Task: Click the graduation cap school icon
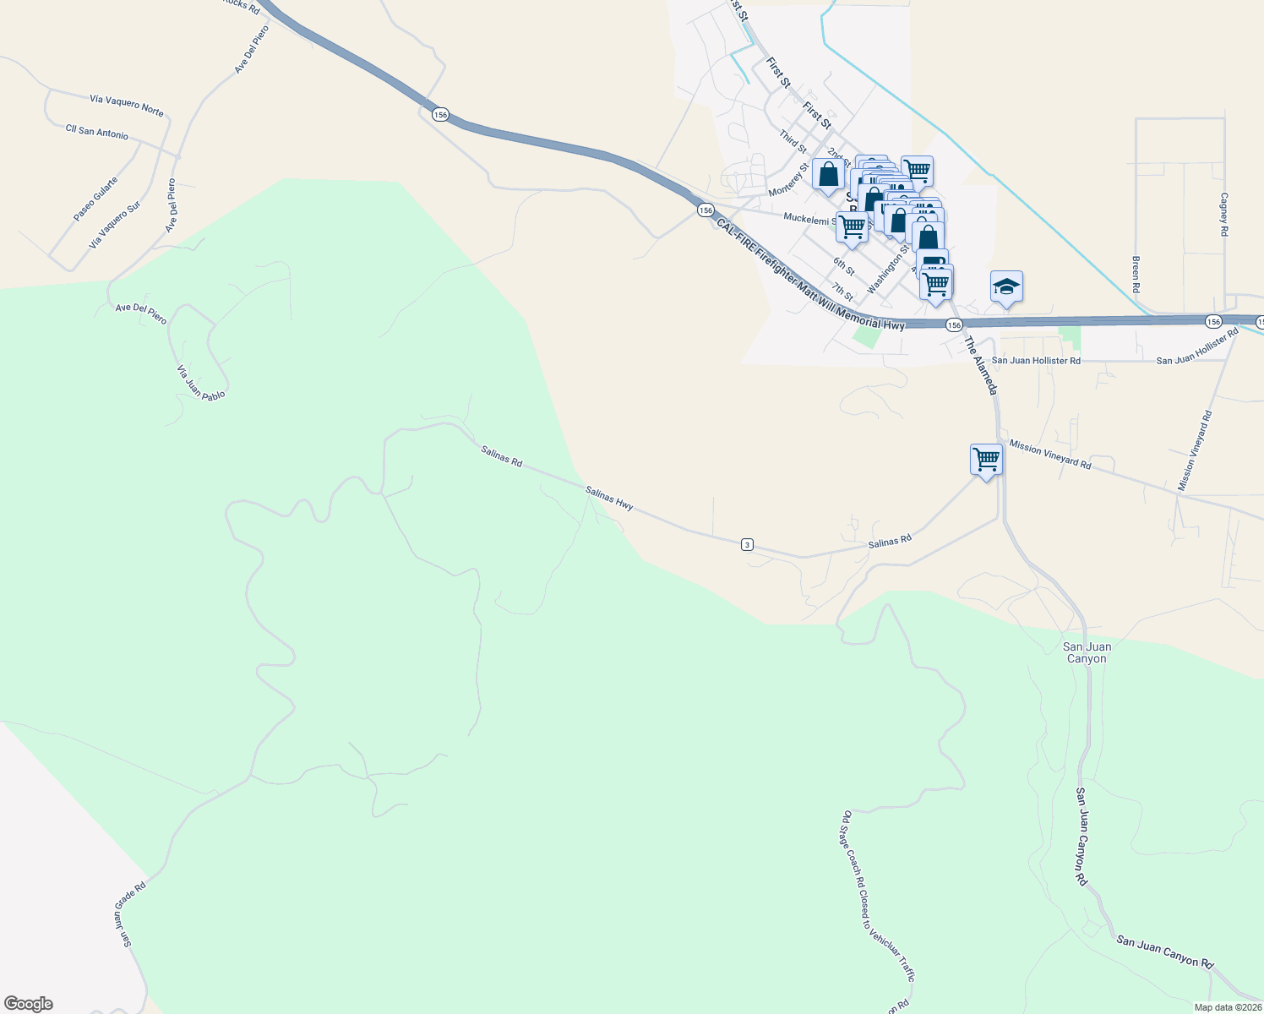click(1006, 287)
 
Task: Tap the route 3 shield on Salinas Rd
click(747, 544)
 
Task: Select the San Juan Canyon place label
click(1087, 652)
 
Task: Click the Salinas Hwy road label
click(609, 498)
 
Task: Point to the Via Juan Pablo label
click(201, 382)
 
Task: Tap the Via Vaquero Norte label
click(127, 105)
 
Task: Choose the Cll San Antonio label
click(97, 132)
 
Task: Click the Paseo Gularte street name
click(95, 199)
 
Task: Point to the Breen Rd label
click(1136, 268)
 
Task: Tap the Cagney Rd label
click(1223, 213)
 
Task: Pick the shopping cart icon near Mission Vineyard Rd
click(986, 460)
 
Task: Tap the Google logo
click(29, 1004)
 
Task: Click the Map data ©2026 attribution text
click(1227, 1007)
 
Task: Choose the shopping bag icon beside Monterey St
click(828, 175)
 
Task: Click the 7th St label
click(842, 292)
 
